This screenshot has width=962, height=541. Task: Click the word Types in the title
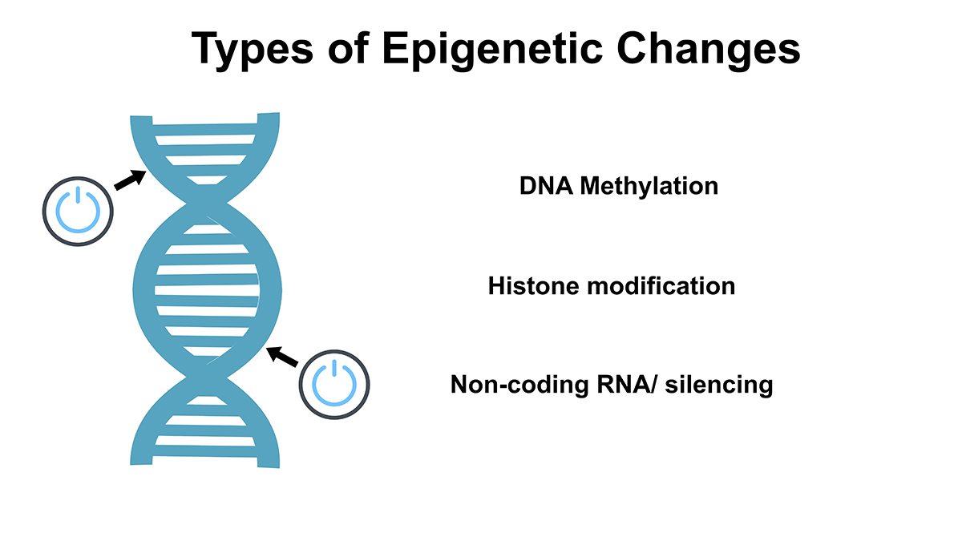click(252, 50)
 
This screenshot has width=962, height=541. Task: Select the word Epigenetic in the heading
click(492, 50)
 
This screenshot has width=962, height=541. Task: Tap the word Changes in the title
click(708, 50)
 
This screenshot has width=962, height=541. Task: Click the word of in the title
click(348, 48)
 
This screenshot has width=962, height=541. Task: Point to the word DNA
click(546, 186)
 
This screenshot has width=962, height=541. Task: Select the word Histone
click(533, 286)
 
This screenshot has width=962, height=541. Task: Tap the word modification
click(661, 286)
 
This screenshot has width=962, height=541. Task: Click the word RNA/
click(627, 385)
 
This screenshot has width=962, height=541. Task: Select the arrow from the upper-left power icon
click(130, 180)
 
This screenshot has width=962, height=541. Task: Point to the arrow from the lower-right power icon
click(281, 357)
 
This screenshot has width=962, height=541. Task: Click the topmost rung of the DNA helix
click(205, 129)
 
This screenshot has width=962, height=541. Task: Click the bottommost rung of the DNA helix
click(205, 450)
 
